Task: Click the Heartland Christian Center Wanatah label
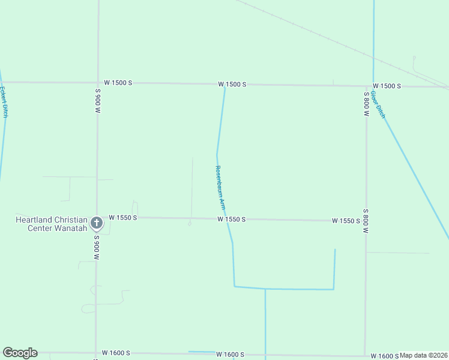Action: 51,224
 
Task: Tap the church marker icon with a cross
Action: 97,224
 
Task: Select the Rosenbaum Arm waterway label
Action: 220,187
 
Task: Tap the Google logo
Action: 20,353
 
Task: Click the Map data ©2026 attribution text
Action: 423,355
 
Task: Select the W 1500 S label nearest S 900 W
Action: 118,83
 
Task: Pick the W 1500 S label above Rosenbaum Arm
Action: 232,85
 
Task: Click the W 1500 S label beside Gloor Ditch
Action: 387,86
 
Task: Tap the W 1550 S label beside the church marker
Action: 123,217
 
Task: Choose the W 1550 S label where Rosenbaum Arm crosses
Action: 232,220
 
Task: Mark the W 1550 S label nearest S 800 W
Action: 346,221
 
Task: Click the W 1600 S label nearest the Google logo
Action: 116,353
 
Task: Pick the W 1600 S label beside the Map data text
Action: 385,356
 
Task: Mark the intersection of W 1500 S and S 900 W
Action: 98,82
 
